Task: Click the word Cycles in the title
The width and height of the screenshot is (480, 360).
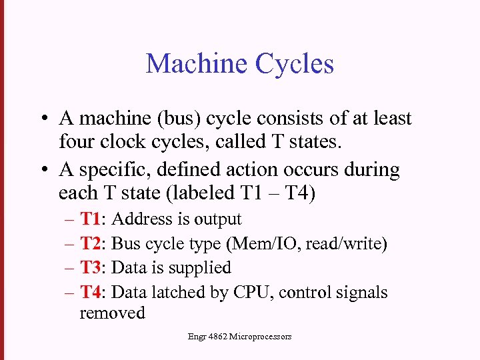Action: [295, 65]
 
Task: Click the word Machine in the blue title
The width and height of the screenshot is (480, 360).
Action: [193, 64]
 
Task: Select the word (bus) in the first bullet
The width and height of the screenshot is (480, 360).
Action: [181, 119]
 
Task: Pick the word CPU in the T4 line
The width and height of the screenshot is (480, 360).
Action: [270, 292]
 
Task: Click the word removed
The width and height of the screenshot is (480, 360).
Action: [112, 313]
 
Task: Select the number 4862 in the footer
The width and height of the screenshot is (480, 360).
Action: [218, 337]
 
